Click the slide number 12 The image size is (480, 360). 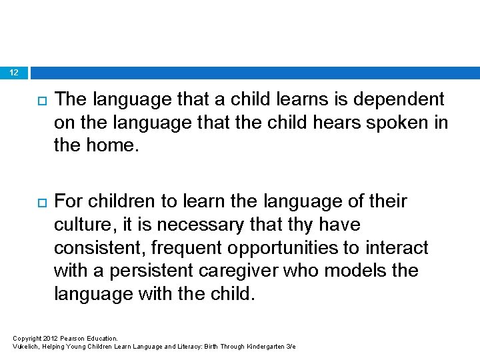pyautogui.click(x=15, y=72)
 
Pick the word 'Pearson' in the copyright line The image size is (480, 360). pyautogui.click(x=74, y=339)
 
